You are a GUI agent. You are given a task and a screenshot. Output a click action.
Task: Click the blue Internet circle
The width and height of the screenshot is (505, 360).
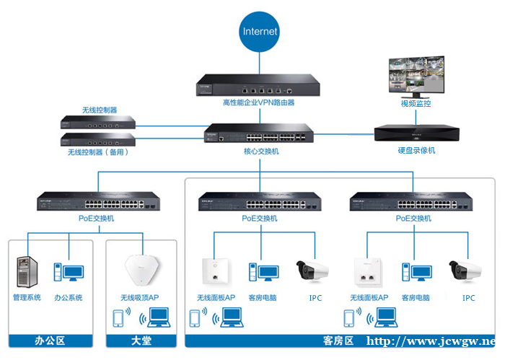pyautogui.click(x=259, y=32)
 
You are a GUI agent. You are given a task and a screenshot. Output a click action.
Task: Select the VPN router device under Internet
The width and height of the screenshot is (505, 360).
pyautogui.click(x=258, y=85)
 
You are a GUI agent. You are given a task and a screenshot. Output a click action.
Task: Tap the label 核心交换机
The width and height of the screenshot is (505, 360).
pyautogui.click(x=261, y=152)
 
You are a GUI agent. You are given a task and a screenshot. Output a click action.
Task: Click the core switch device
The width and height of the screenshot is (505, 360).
pyautogui.click(x=258, y=133)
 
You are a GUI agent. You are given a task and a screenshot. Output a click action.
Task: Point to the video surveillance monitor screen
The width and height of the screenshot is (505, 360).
pyautogui.click(x=416, y=76)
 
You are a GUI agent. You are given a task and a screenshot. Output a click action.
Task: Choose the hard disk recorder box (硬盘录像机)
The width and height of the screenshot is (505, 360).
pyautogui.click(x=417, y=133)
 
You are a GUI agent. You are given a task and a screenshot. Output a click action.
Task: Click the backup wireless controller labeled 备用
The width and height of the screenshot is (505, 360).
pyautogui.click(x=98, y=139)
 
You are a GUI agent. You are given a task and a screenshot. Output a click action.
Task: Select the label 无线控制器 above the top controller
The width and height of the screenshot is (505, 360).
pyautogui.click(x=100, y=110)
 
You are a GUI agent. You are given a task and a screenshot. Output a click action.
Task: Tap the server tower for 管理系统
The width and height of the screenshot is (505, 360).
pyautogui.click(x=27, y=272)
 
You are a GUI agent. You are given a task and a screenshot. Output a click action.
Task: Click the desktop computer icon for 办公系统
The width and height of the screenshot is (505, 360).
pyautogui.click(x=69, y=273)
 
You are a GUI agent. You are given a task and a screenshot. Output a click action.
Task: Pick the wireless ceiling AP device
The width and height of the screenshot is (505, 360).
pyautogui.click(x=142, y=270)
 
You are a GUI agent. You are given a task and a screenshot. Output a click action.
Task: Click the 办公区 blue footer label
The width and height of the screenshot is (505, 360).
pyautogui.click(x=50, y=341)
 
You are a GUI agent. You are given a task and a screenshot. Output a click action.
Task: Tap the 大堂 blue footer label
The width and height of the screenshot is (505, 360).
pyautogui.click(x=141, y=341)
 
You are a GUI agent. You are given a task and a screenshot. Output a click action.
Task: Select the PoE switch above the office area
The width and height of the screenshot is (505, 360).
pyautogui.click(x=98, y=201)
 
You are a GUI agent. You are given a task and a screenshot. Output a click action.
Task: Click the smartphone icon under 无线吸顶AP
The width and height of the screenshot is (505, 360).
pyautogui.click(x=118, y=318)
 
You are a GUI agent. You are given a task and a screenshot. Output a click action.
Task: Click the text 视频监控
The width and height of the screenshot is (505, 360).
pyautogui.click(x=416, y=104)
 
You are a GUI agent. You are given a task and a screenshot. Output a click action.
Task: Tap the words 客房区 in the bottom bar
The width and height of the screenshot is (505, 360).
pyautogui.click(x=338, y=341)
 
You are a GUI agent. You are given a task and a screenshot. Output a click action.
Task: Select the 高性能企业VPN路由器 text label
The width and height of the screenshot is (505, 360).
pyautogui.click(x=258, y=102)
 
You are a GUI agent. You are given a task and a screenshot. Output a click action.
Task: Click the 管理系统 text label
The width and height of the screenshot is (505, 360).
pyautogui.click(x=27, y=297)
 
